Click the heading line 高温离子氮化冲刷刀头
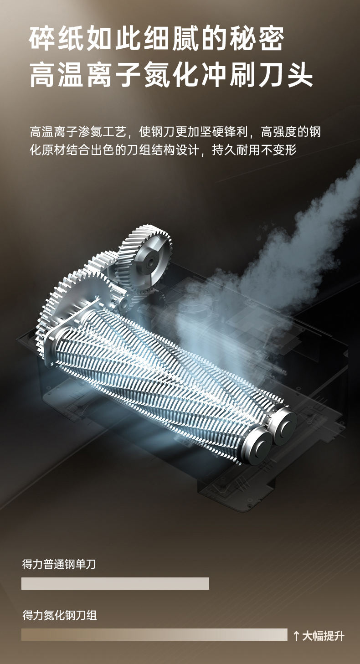point(171,76)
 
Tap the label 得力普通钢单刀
point(59,564)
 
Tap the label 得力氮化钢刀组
point(59,615)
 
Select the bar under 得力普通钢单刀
point(115,583)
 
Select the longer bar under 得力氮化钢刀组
point(154,635)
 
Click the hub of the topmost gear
point(149,262)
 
